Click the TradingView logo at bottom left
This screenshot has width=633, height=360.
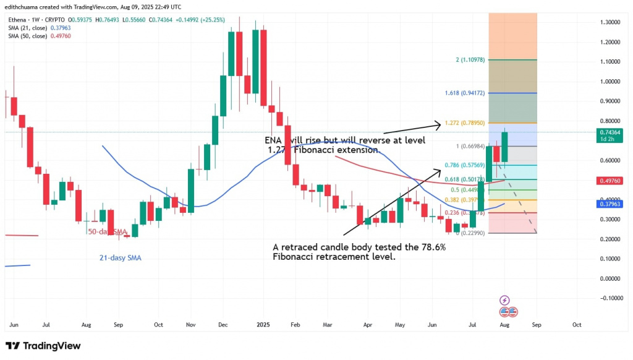(x=43, y=346)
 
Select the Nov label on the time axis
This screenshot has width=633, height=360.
(x=190, y=324)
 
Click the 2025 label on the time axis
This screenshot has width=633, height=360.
(x=263, y=324)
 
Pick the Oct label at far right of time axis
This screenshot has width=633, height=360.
(x=577, y=324)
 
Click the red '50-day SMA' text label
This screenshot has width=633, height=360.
(x=108, y=231)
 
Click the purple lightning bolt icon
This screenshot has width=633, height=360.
(x=504, y=300)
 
